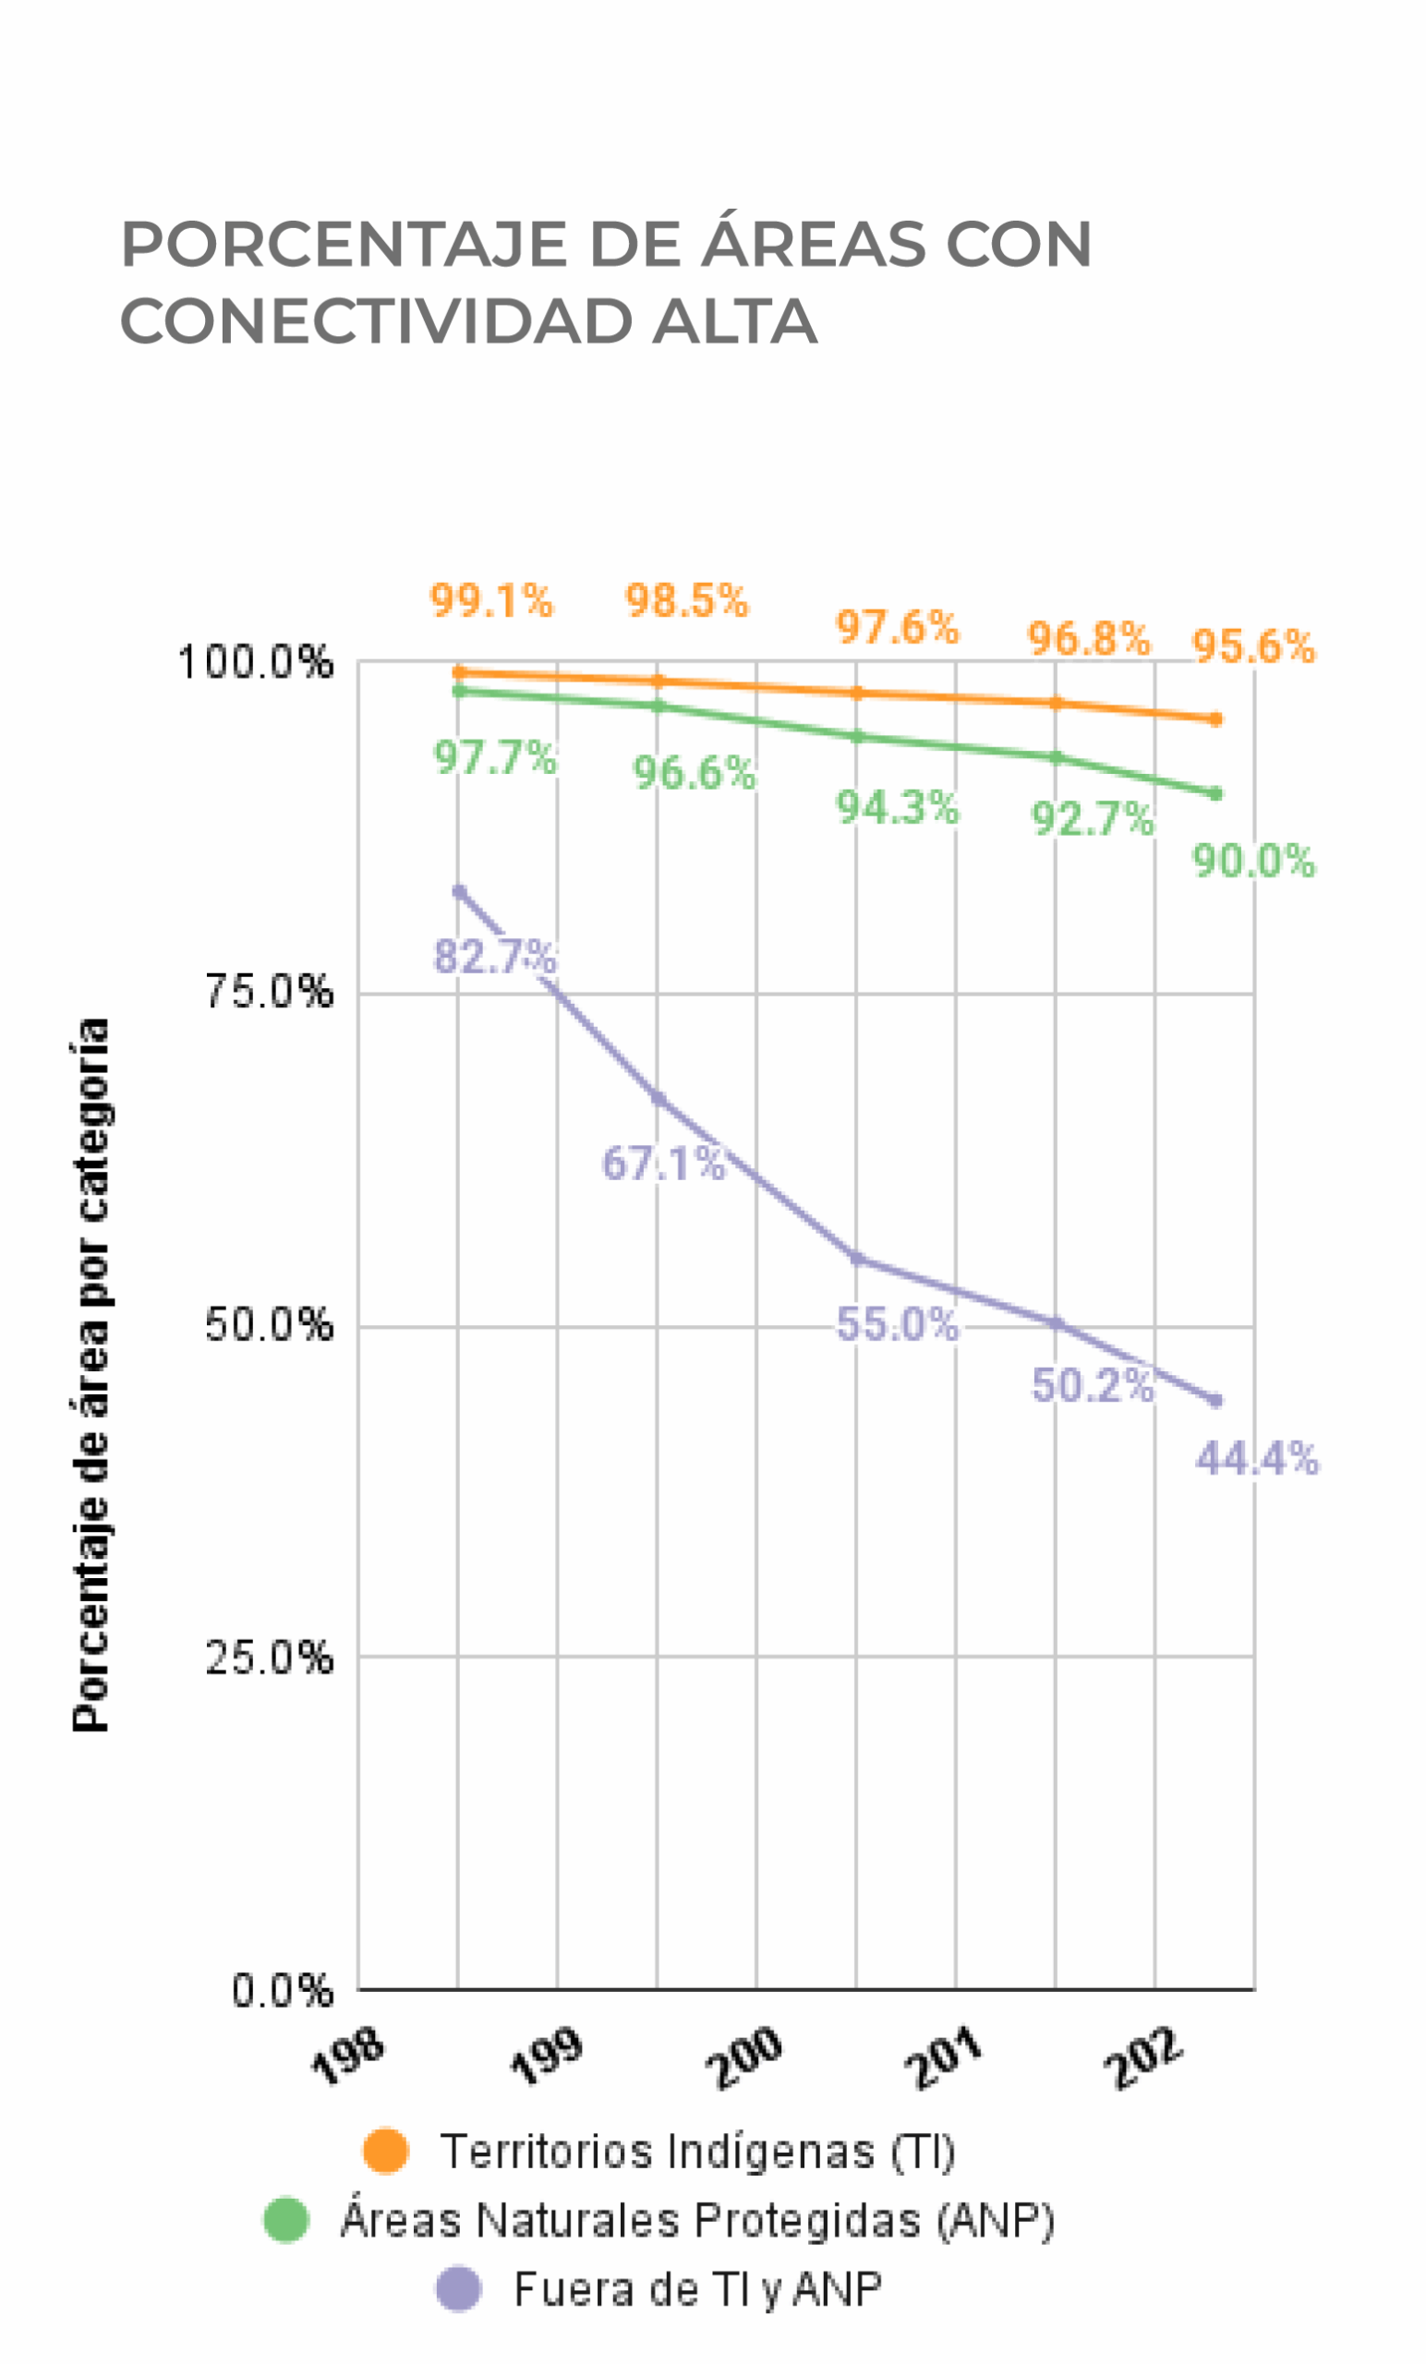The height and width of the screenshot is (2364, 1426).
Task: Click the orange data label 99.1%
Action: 491,601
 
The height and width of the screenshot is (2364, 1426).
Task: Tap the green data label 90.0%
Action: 1253,861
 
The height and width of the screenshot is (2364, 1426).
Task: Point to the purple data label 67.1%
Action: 663,1163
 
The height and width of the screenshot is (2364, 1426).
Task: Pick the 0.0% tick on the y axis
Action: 282,1992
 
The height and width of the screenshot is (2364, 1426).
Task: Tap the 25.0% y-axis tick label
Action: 269,1658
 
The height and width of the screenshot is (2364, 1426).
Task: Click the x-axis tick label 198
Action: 347,2058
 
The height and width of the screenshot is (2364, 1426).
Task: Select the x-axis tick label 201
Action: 945,2058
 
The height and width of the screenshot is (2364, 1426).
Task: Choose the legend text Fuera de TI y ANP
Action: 697,2289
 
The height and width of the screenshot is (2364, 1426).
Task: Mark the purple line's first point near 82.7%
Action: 459,891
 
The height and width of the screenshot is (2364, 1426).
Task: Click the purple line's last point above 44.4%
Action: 1215,1401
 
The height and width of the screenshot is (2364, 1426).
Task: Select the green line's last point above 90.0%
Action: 1215,793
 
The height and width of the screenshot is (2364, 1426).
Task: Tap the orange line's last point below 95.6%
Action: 1215,718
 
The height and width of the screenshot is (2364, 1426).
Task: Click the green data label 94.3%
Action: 897,808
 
